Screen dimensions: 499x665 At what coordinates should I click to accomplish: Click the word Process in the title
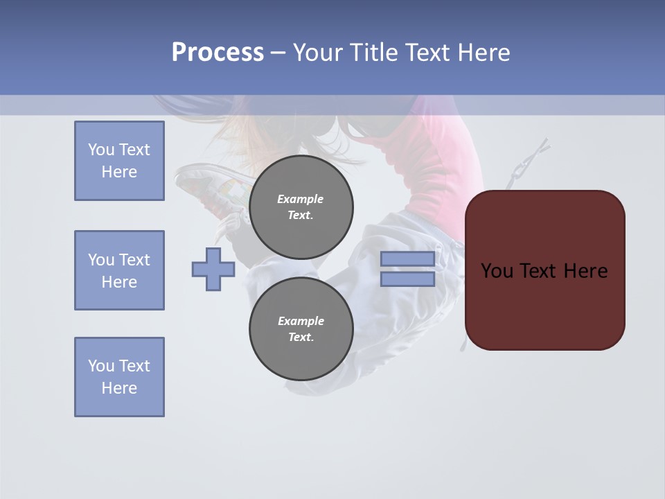pos(218,53)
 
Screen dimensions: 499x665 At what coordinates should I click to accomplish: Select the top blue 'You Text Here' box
pos(119,161)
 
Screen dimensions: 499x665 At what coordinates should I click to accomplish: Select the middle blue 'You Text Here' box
pos(119,270)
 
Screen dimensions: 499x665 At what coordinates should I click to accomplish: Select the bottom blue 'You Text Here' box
pos(119,377)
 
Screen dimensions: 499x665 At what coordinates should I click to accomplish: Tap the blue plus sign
pos(213,269)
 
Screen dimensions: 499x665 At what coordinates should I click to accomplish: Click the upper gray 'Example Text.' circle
pos(301,207)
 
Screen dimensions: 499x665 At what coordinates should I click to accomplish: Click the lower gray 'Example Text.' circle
pos(301,329)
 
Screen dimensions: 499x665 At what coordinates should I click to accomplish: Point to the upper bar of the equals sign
pos(407,259)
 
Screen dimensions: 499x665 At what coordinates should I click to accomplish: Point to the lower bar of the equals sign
pos(407,279)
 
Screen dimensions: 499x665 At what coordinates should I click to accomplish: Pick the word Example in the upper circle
pos(300,199)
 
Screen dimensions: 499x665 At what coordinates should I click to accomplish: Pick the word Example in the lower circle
pos(301,321)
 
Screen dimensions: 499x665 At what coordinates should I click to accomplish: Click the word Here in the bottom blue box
pos(119,388)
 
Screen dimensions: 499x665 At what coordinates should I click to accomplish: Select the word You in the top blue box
pos(100,150)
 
